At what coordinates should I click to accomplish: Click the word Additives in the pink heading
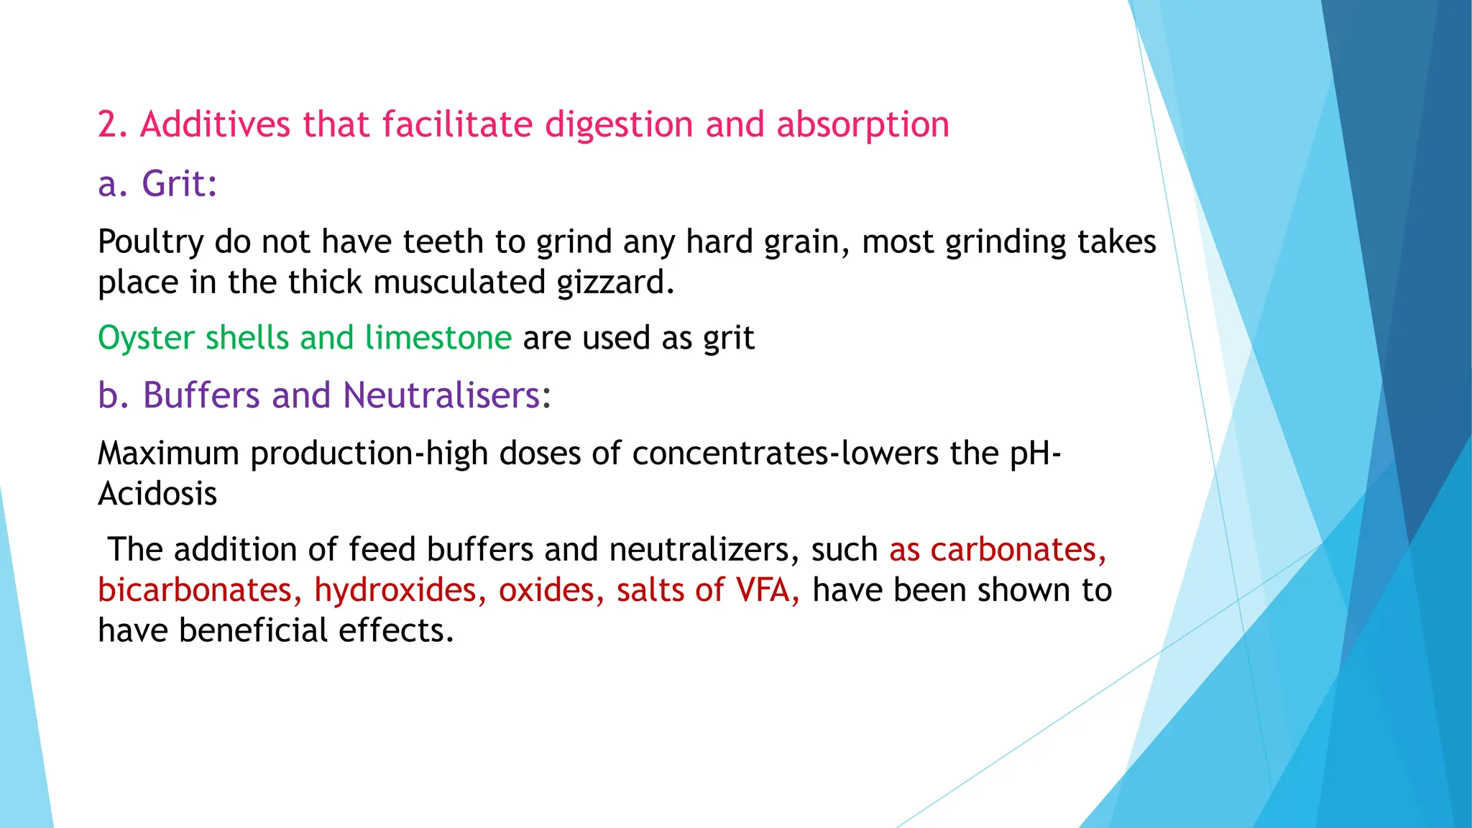coord(215,124)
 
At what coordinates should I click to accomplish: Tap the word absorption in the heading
coord(862,126)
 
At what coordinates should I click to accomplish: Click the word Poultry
coord(151,242)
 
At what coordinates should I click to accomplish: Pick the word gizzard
coord(615,282)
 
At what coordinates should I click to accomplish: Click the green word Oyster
coord(146,338)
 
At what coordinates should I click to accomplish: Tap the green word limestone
coord(438,337)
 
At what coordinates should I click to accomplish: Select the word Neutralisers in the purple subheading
coord(441,395)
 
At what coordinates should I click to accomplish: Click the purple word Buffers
coord(201,395)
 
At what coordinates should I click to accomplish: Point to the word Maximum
coord(168,454)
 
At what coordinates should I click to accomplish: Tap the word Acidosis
coord(157,494)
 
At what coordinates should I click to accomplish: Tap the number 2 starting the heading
coord(108,125)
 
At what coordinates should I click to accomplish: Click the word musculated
coord(459,282)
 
